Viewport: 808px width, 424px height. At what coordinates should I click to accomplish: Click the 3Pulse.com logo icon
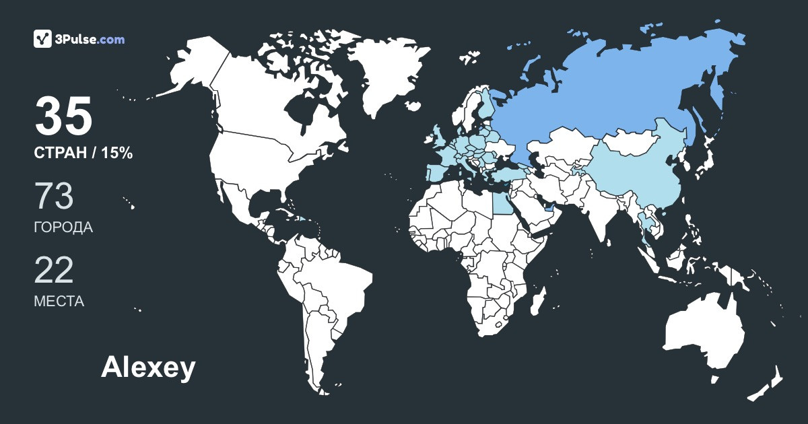pos(43,39)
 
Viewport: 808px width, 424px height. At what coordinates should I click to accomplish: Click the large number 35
pos(63,116)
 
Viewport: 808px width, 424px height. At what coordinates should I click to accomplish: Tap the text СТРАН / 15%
pos(83,153)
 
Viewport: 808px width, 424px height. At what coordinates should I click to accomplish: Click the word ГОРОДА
pos(63,227)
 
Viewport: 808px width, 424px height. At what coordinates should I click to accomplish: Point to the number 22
pos(54,271)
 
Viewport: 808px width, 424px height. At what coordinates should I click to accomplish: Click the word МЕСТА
pos(59,302)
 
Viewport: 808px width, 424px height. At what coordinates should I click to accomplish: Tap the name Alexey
pos(148,367)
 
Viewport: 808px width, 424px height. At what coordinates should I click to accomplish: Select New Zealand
pos(768,384)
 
